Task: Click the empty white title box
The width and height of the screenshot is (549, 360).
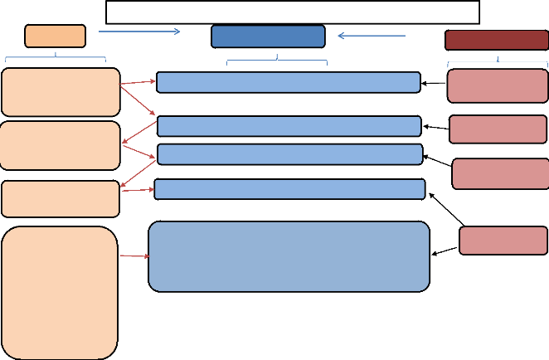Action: click(x=293, y=12)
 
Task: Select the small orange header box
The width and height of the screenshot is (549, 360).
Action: click(x=55, y=36)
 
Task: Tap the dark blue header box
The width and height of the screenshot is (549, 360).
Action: click(x=268, y=36)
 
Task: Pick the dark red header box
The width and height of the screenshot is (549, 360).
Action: click(x=496, y=41)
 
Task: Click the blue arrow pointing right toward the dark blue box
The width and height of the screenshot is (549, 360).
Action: click(x=138, y=32)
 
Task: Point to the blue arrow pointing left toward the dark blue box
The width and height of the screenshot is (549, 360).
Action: click(x=372, y=36)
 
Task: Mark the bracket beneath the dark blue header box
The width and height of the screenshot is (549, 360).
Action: click(x=277, y=61)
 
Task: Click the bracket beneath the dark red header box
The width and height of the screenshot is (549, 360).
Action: click(x=497, y=62)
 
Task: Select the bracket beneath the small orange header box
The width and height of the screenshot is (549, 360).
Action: click(x=56, y=58)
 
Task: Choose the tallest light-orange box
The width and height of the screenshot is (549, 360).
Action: click(x=60, y=292)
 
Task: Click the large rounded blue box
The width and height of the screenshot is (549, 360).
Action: click(x=289, y=256)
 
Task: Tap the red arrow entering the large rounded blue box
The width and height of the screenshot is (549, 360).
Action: click(x=134, y=256)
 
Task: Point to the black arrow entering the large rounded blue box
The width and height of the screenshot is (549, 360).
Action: click(x=445, y=250)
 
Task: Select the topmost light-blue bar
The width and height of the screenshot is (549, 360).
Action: click(x=288, y=82)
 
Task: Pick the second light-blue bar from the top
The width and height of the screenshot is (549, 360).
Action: click(x=289, y=126)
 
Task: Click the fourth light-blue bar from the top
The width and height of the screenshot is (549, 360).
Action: click(x=289, y=189)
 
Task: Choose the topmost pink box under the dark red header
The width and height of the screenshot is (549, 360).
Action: click(x=498, y=85)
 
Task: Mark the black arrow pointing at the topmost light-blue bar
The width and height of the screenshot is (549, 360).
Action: click(x=434, y=83)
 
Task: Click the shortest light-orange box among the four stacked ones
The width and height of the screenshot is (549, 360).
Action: click(x=61, y=199)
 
